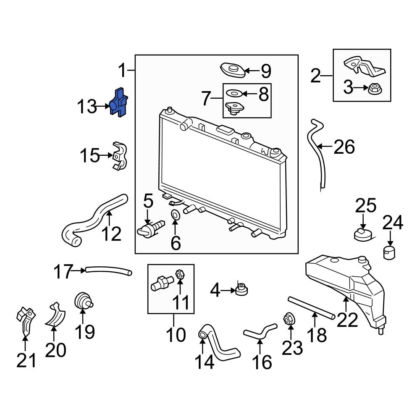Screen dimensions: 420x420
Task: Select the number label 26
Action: (344, 147)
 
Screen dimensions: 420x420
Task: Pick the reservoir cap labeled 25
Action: (362, 234)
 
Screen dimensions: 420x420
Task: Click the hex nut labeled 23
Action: (288, 319)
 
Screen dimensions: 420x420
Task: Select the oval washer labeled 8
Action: (234, 93)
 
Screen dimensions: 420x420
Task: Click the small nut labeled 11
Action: (178, 274)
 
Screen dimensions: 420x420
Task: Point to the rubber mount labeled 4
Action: (241, 290)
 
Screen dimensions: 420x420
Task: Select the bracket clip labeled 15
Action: (119, 156)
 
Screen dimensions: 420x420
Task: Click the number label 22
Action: (347, 319)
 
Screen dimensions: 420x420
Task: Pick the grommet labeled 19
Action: (83, 302)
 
